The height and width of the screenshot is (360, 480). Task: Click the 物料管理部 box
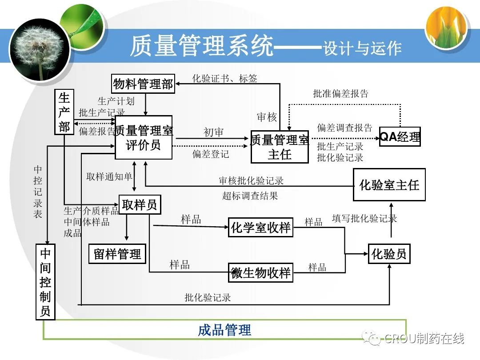pyautogui.click(x=143, y=84)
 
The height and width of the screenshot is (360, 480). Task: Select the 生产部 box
pyautogui.click(x=64, y=112)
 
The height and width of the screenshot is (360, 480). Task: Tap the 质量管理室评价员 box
pyautogui.click(x=144, y=137)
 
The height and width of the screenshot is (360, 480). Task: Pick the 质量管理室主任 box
pyautogui.click(x=280, y=147)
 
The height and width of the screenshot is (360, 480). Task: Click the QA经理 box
pyautogui.click(x=400, y=136)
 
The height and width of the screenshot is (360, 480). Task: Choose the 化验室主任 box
pyautogui.click(x=389, y=184)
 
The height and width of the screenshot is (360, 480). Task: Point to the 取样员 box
pyautogui.click(x=140, y=204)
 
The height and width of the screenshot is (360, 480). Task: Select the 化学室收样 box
pyautogui.click(x=260, y=228)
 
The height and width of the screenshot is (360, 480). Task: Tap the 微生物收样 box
pyautogui.click(x=260, y=272)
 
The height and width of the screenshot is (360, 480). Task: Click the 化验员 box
pyautogui.click(x=389, y=254)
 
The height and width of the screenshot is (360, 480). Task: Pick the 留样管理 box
pyautogui.click(x=117, y=254)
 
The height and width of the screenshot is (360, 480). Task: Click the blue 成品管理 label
pyautogui.click(x=224, y=330)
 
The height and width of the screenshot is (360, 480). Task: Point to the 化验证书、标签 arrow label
pyautogui.click(x=224, y=79)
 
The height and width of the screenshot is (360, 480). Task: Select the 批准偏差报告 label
pyautogui.click(x=341, y=94)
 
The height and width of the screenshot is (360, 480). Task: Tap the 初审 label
pyautogui.click(x=213, y=132)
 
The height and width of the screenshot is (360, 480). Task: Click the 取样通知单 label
pyautogui.click(x=109, y=176)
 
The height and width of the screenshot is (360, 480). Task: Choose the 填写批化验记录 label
pyautogui.click(x=364, y=218)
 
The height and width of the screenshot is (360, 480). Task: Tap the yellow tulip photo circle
pyautogui.click(x=447, y=28)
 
